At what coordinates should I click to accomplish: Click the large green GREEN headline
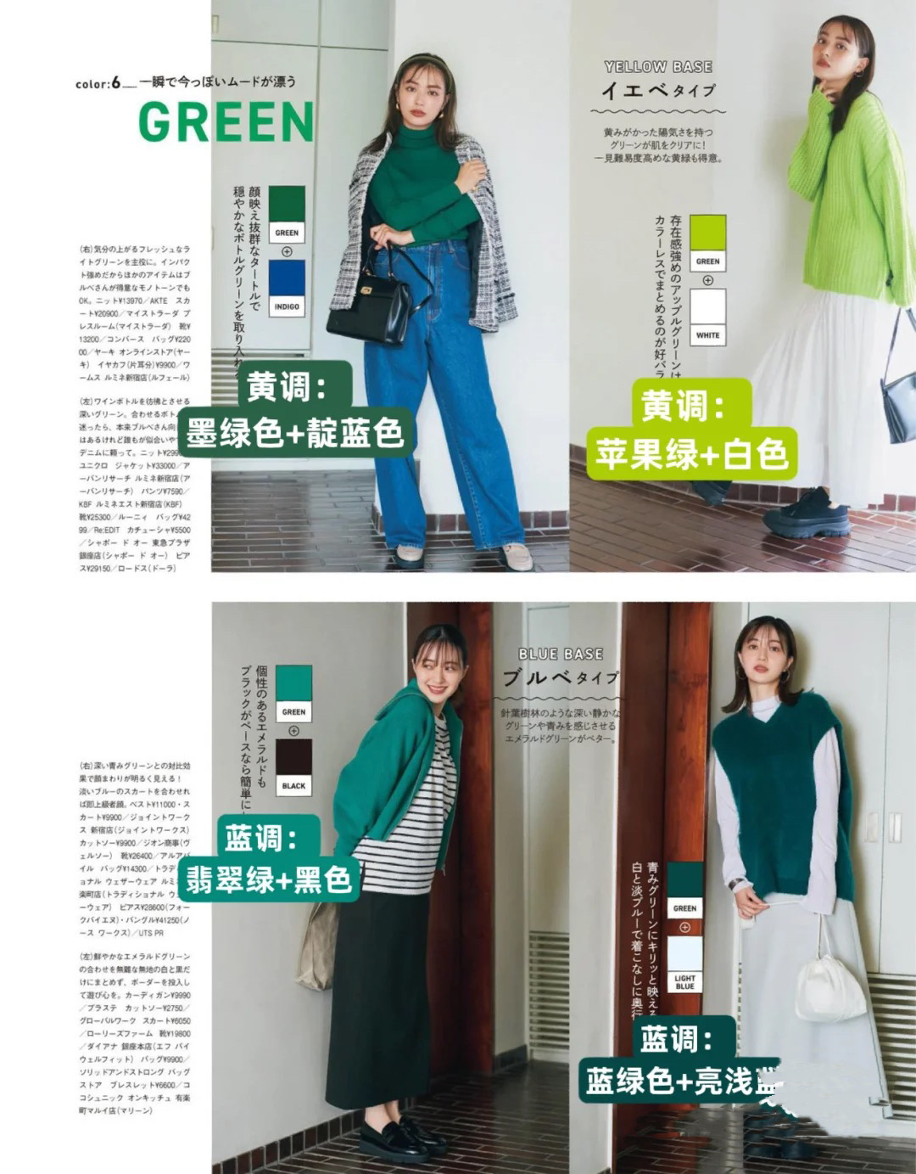coord(226,122)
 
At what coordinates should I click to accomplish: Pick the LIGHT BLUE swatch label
coord(684,982)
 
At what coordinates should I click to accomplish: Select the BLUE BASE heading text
coord(561,654)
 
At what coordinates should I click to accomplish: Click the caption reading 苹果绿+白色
coord(692,455)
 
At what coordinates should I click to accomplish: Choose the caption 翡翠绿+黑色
coord(269,879)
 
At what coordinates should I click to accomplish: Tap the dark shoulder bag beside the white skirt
coord(897,407)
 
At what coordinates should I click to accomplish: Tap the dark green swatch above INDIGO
coord(287,205)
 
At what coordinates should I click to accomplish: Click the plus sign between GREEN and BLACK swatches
coord(294,731)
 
